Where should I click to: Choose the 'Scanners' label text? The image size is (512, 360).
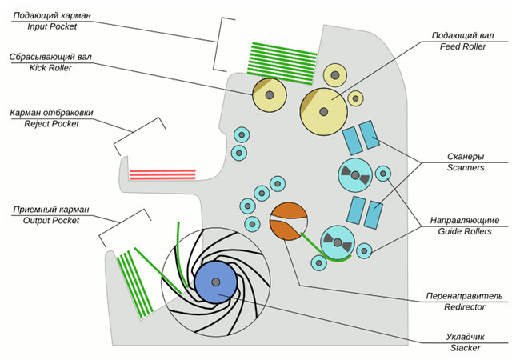466,168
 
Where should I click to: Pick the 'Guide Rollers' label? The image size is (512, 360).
465,230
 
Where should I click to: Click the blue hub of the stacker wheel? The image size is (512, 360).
215,282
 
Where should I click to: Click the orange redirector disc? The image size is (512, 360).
289,222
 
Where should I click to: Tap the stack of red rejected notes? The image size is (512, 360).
162,174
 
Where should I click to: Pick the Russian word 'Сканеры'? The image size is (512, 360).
466,158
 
